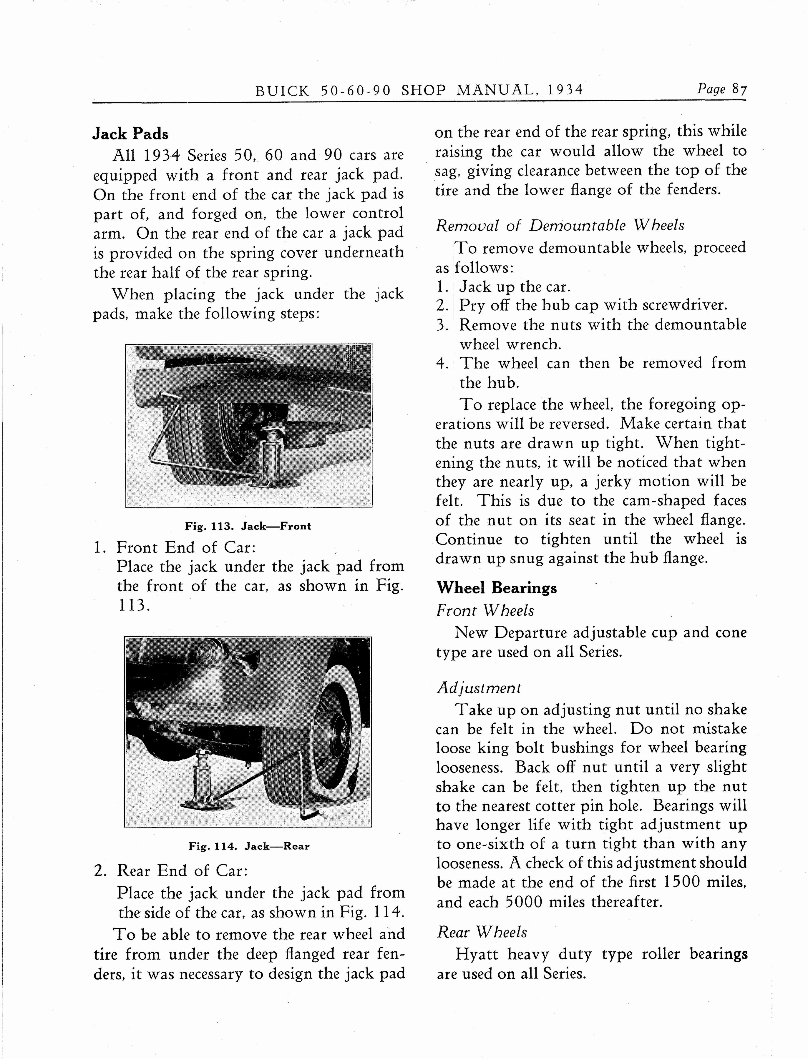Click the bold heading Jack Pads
[130, 133]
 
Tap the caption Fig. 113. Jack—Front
[248, 526]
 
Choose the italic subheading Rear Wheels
[482, 932]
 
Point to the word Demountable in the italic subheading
[578, 225]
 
